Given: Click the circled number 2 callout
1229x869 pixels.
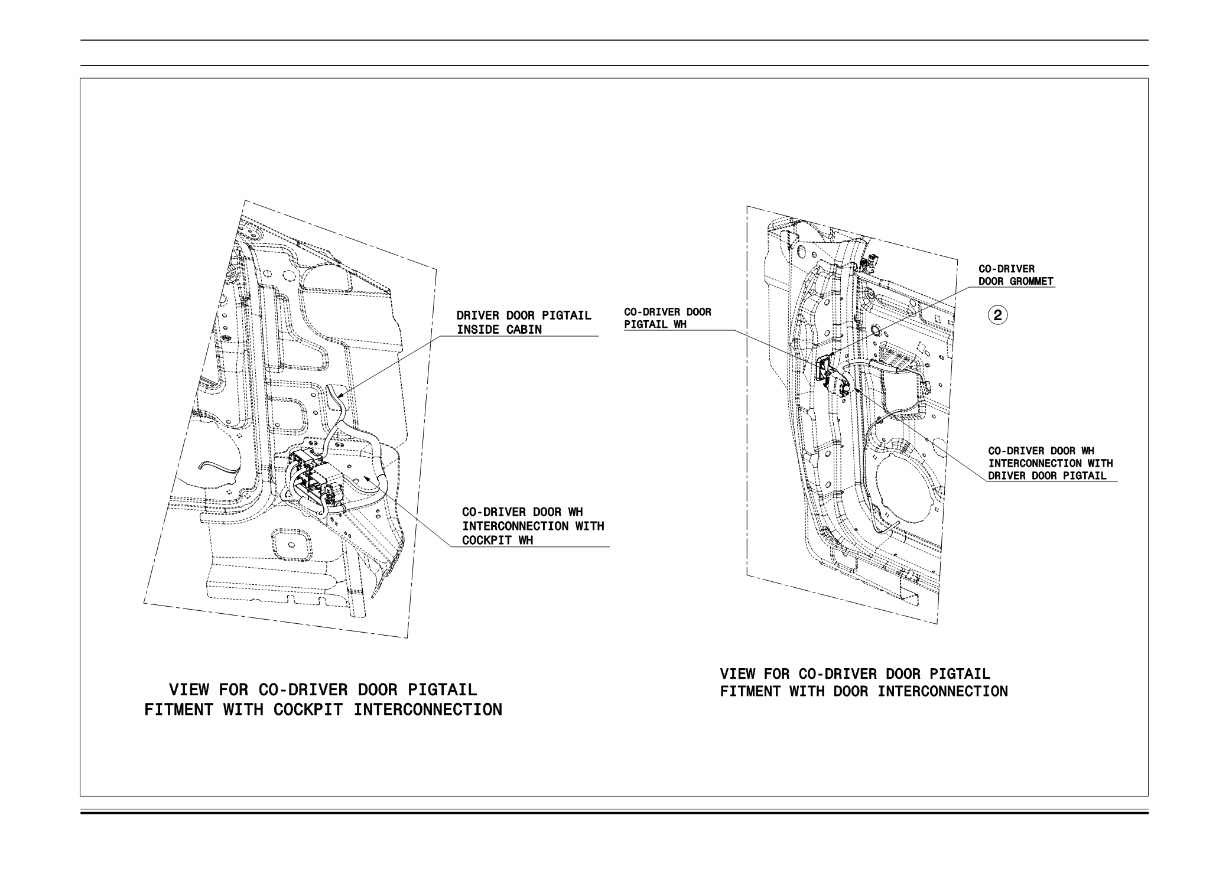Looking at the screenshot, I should coord(998,315).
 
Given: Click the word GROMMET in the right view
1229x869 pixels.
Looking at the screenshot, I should coord(1032,281).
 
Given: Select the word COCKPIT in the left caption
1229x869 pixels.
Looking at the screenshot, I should coord(307,709).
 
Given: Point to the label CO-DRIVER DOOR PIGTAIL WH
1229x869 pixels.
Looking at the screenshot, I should coord(668,318).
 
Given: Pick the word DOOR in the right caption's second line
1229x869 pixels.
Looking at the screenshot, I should coord(851,691).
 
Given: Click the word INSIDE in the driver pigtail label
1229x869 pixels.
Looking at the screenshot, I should coord(478,330).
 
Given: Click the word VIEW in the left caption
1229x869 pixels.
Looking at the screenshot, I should coord(189,690).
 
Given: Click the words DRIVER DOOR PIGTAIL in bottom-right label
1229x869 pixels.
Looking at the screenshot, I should coord(1047,476).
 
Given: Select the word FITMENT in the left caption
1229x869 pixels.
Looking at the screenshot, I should coord(180,709).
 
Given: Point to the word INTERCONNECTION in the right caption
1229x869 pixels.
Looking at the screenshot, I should coord(942,691).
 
